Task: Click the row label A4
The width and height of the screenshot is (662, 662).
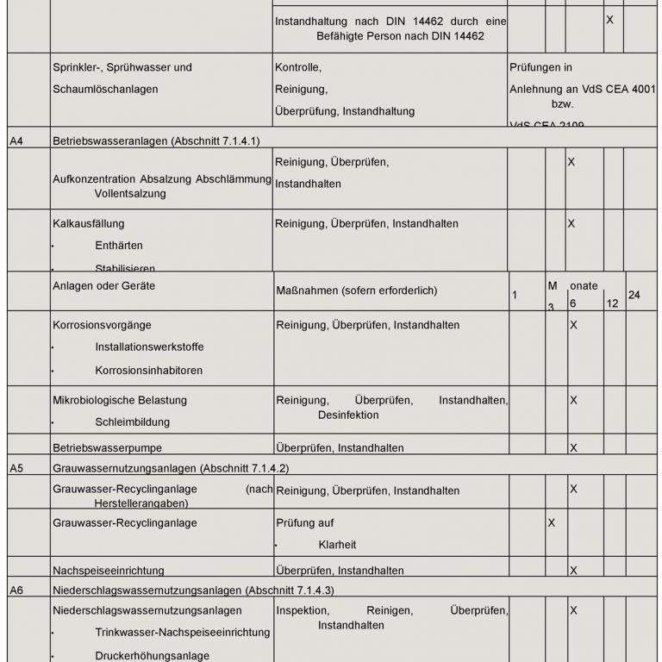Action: click(x=16, y=140)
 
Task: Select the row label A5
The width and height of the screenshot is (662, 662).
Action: click(x=16, y=468)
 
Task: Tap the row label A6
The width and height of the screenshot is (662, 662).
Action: click(x=16, y=590)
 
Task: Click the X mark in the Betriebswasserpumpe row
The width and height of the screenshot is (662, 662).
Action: click(x=573, y=448)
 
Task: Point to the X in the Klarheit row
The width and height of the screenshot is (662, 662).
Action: click(x=552, y=523)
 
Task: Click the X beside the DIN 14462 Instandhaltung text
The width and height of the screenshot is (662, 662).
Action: click(x=609, y=19)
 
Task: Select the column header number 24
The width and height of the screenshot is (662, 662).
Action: click(x=634, y=296)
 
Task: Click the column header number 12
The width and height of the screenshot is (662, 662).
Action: click(x=612, y=304)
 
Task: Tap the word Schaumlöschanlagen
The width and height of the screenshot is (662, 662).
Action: click(x=105, y=89)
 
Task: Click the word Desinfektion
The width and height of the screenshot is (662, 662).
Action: click(x=348, y=415)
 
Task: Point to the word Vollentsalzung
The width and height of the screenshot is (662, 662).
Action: click(x=130, y=194)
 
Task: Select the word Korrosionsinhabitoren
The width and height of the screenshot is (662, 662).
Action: click(x=149, y=371)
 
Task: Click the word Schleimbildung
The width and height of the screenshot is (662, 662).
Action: click(x=133, y=422)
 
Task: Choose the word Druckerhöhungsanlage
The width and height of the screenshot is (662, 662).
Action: click(x=152, y=656)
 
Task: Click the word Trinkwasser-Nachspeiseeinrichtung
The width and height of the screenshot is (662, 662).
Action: click(x=182, y=633)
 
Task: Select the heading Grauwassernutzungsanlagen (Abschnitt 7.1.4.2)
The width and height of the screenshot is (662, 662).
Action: click(x=171, y=468)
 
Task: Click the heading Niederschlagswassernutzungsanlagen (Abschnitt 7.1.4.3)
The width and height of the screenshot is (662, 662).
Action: click(x=193, y=590)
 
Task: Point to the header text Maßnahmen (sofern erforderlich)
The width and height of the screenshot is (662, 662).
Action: click(x=356, y=290)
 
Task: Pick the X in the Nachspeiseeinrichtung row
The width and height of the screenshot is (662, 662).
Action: click(x=573, y=571)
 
